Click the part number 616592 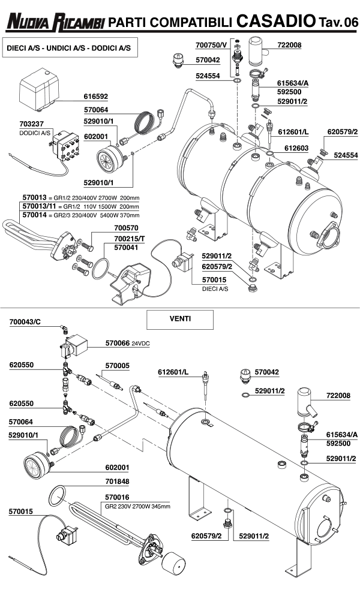pos(96,96)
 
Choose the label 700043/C pos(25,323)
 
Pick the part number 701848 pos(117,481)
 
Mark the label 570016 pos(117,497)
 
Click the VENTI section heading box pos(171,319)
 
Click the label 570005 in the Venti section pos(117,365)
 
